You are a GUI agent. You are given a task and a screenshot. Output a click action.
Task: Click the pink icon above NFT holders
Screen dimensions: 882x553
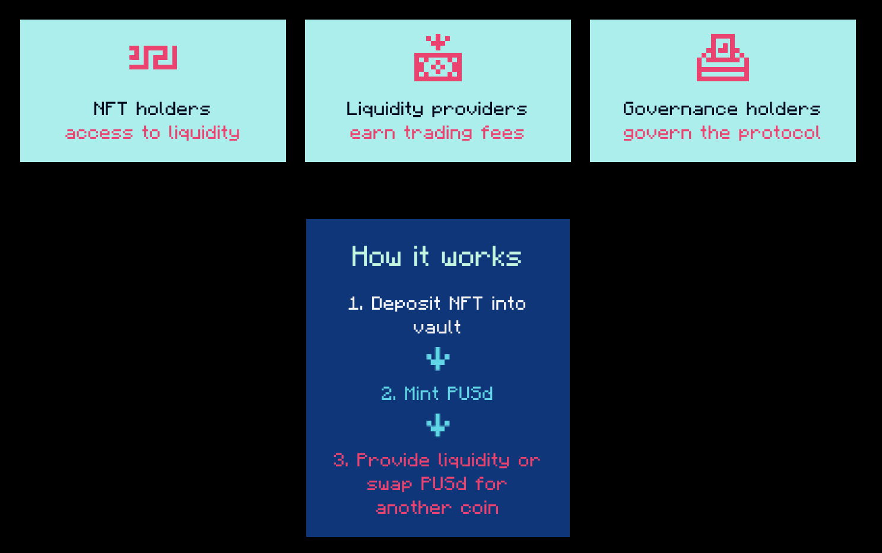click(153, 58)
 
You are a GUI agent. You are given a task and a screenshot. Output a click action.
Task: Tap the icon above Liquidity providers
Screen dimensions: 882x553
click(438, 58)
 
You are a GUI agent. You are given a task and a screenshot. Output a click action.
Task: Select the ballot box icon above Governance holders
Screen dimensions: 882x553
click(723, 58)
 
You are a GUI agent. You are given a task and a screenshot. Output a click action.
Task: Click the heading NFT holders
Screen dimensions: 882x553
click(152, 109)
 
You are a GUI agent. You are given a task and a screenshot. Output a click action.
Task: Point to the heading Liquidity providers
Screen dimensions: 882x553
click(437, 110)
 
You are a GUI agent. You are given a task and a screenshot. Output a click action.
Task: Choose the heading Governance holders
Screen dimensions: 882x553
click(722, 109)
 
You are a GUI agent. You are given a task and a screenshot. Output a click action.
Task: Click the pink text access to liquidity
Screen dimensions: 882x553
click(153, 134)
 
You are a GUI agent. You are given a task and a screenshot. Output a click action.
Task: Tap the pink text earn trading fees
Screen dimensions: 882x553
click(437, 134)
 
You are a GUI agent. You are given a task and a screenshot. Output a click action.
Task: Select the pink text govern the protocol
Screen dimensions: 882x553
click(722, 134)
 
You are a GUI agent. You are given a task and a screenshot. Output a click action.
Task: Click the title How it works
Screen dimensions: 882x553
click(436, 256)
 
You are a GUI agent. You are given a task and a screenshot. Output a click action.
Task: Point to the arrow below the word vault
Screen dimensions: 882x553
click(438, 359)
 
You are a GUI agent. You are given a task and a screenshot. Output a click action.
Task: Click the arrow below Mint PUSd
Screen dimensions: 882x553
click(438, 425)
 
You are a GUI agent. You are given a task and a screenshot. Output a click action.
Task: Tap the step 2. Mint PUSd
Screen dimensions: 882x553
click(437, 393)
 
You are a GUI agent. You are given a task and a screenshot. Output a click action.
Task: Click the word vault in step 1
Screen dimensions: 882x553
click(437, 327)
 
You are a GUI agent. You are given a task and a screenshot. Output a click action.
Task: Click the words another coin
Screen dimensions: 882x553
click(437, 508)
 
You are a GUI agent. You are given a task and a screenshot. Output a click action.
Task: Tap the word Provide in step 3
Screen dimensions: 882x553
click(393, 460)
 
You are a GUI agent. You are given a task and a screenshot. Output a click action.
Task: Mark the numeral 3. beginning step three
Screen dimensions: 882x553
click(341, 460)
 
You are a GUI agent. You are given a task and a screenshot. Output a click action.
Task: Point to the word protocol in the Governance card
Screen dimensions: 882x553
click(780, 134)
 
